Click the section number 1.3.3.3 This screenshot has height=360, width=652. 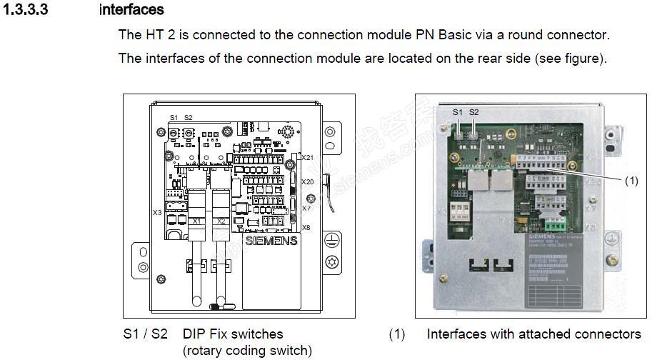(x=26, y=10)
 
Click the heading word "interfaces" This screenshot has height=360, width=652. (x=131, y=10)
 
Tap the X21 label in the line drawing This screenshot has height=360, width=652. (x=308, y=157)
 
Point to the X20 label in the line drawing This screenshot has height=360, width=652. (x=308, y=182)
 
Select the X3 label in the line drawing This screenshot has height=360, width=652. (x=156, y=212)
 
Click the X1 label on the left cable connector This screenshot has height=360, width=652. (x=197, y=221)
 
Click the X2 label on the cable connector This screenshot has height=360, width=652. (x=221, y=221)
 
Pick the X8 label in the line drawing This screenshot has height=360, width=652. (x=306, y=228)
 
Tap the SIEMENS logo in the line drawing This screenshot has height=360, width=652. (x=271, y=241)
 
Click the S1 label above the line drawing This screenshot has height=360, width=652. (x=174, y=118)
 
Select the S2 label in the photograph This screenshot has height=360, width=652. (x=474, y=112)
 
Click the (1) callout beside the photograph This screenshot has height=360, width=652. (x=631, y=181)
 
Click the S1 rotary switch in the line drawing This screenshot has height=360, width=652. (x=174, y=134)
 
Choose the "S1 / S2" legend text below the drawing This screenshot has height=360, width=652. (x=146, y=334)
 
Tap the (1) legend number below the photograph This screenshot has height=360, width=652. (x=396, y=334)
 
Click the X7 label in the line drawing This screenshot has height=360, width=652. (x=306, y=208)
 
